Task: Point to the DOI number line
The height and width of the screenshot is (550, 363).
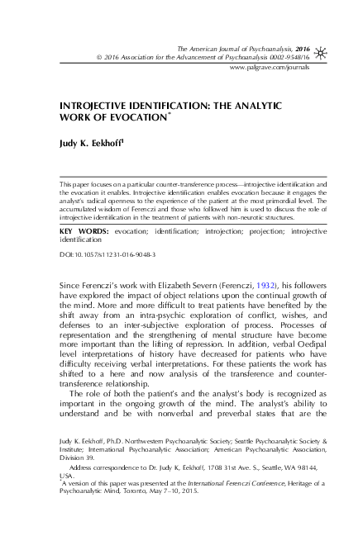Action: pos(97,257)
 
